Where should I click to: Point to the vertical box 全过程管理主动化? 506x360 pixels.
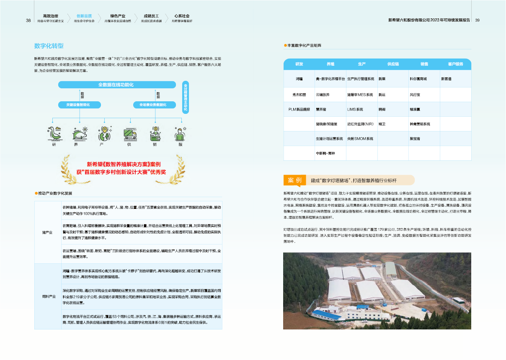(186, 98)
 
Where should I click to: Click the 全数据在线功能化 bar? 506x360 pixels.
(116, 85)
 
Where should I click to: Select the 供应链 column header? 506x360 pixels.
(393, 64)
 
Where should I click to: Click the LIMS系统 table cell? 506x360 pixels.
(355, 109)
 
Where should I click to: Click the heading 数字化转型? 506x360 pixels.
(49, 46)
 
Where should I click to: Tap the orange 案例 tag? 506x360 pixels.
(294, 180)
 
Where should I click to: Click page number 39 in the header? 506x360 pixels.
(477, 20)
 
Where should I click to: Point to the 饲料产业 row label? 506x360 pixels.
(49, 296)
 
